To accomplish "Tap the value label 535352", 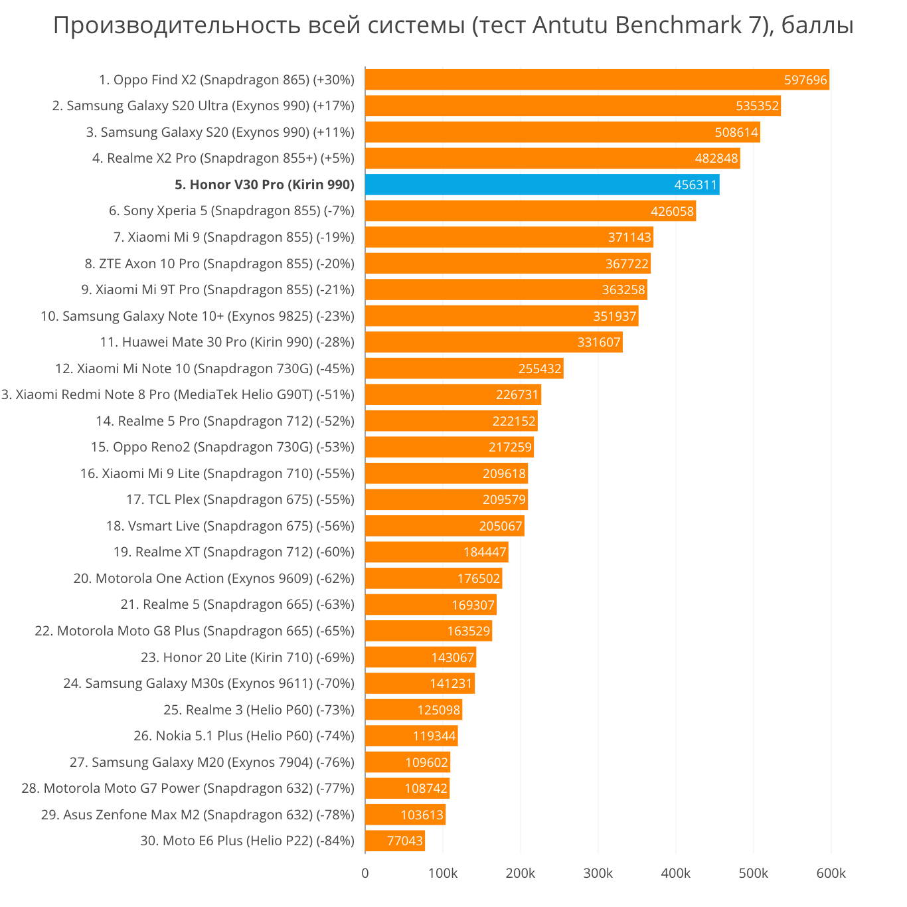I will tap(757, 106).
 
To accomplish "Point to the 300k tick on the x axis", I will tap(598, 873).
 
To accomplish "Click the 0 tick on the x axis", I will tap(365, 873).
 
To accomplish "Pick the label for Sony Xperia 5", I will tap(232, 211).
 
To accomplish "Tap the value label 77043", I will tap(404, 841).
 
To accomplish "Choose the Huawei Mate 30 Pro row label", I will tap(227, 342).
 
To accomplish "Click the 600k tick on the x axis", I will tap(831, 873).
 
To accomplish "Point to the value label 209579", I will tap(504, 500).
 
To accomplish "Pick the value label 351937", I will tap(614, 316).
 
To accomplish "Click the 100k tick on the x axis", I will tap(443, 873).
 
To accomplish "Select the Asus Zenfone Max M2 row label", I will tap(198, 815).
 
